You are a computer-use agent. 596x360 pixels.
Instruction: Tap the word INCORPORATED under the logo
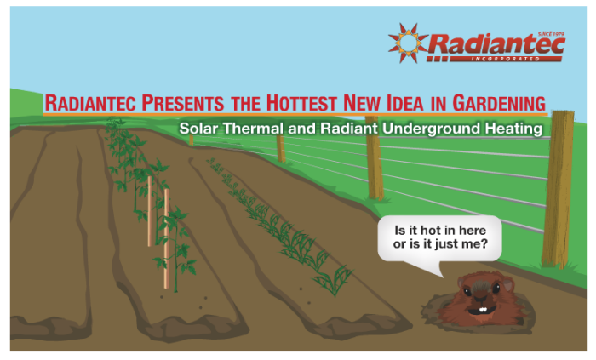505,59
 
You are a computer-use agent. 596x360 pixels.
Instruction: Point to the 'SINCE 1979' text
551,34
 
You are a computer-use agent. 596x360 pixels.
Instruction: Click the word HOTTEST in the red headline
301,103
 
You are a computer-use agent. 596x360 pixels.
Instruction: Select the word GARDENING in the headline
499,103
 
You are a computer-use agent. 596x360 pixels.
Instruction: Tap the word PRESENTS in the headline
183,103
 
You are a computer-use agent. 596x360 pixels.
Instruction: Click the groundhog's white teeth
483,310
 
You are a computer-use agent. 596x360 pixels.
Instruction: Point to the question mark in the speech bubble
484,243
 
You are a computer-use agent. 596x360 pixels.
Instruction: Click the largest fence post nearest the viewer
558,189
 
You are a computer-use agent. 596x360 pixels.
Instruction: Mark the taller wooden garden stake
167,238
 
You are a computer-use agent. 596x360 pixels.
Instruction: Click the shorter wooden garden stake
150,211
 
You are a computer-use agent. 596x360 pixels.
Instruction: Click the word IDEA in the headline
404,103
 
